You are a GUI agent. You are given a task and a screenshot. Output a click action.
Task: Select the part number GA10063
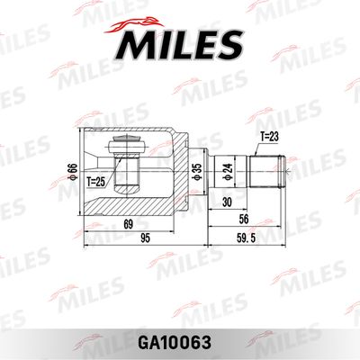coord(174,343)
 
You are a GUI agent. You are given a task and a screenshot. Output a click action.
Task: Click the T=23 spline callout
coord(269,137)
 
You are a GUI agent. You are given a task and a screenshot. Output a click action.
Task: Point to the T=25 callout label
coord(96,182)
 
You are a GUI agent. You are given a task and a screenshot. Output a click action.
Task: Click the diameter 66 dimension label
coord(73,172)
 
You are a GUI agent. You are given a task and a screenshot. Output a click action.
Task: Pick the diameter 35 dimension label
coord(198,172)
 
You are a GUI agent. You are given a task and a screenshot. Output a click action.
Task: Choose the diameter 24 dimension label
coord(229,172)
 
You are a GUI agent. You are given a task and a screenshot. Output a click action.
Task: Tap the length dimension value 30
coord(227,202)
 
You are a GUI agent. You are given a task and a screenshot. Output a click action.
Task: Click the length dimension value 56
coord(243,220)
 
